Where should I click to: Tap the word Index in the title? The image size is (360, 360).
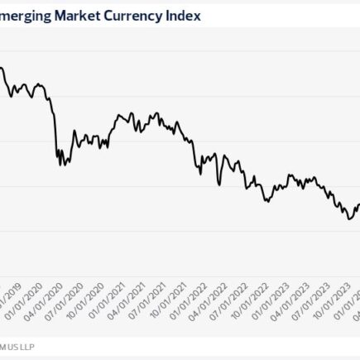[183, 15]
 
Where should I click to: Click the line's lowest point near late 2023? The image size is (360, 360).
[349, 218]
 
